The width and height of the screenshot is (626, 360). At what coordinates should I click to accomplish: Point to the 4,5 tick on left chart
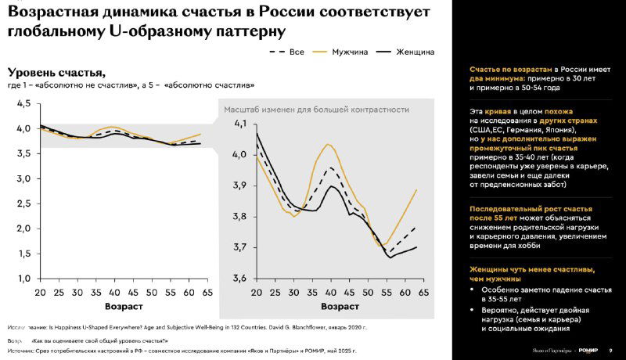click(x=23, y=103)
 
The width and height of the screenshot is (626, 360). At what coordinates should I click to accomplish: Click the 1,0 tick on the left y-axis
click(x=23, y=278)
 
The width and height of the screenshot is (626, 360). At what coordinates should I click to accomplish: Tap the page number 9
click(x=610, y=349)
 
